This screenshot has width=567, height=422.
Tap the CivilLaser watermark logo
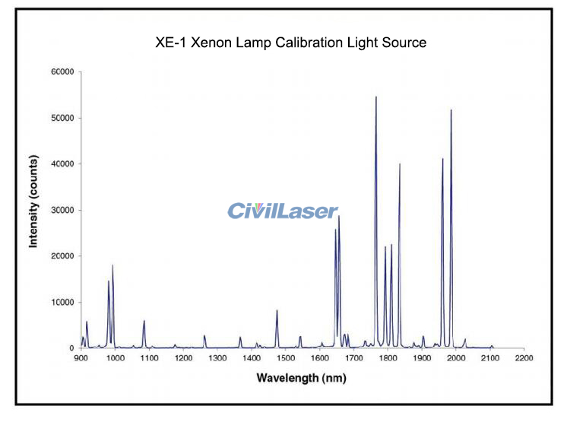[x=283, y=211]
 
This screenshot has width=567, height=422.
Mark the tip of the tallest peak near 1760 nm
[x=375, y=97]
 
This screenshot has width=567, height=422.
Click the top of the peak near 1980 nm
[x=451, y=111]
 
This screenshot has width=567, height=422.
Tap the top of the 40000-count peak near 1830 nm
[x=400, y=164]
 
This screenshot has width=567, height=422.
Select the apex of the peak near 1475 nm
[x=277, y=310]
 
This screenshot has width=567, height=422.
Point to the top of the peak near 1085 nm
[x=144, y=321]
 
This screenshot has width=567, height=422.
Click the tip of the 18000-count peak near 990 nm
[x=112, y=265]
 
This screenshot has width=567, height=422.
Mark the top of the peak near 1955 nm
[x=442, y=159]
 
